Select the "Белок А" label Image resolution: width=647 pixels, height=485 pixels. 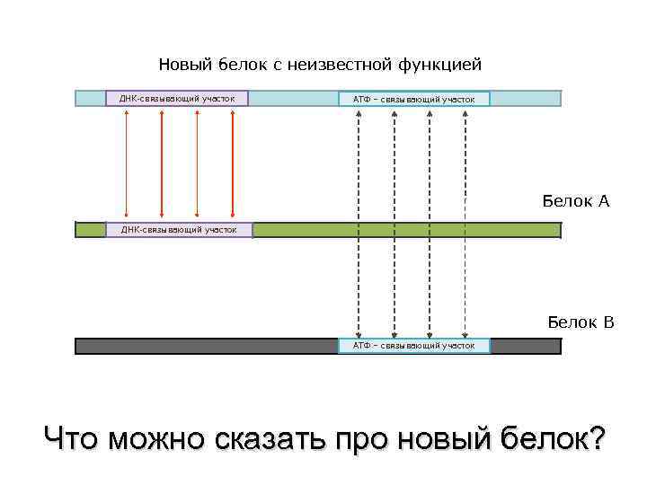575,201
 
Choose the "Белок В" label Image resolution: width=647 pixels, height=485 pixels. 581,321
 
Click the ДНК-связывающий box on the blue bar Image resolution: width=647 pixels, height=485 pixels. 177,98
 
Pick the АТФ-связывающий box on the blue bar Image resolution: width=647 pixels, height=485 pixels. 414,99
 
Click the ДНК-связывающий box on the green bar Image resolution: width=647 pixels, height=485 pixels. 179,230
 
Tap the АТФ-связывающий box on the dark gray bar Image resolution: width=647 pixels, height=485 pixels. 414,345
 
